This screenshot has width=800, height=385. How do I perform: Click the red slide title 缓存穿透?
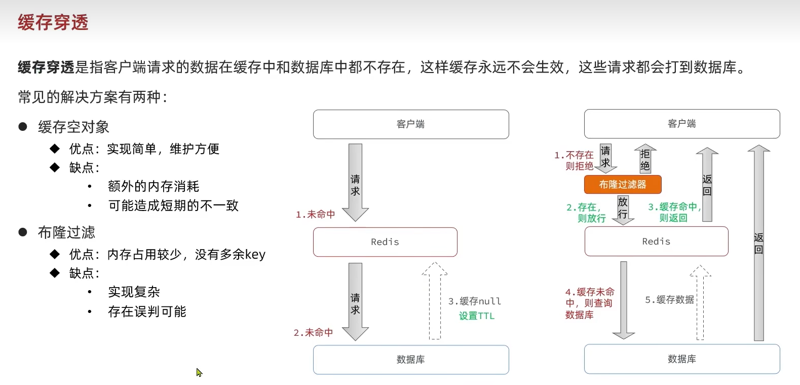(x=53, y=22)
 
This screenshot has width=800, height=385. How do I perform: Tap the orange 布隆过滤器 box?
(x=623, y=185)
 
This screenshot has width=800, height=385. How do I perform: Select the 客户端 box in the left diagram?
(x=411, y=124)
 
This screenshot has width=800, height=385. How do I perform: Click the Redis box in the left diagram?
(x=385, y=242)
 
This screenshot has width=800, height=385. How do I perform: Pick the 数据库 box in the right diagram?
(x=681, y=359)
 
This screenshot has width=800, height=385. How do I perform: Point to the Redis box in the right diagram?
(x=656, y=241)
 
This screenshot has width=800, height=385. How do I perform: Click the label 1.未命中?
(x=316, y=215)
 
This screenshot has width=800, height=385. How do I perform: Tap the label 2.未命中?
(x=314, y=333)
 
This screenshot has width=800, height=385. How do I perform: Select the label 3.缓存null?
(x=475, y=301)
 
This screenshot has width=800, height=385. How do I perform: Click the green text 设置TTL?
(x=477, y=316)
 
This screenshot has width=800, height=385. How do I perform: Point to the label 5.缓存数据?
(x=669, y=300)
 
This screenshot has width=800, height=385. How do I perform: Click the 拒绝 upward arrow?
(x=645, y=159)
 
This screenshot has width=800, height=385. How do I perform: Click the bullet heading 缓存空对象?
(x=73, y=127)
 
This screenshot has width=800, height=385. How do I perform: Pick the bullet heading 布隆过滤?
(x=66, y=232)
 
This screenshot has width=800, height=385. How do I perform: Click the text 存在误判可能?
(x=147, y=311)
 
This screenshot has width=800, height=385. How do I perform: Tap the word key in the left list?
(x=255, y=254)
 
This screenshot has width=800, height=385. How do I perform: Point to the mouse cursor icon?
(x=199, y=372)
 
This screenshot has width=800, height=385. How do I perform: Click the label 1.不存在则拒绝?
(x=575, y=160)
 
